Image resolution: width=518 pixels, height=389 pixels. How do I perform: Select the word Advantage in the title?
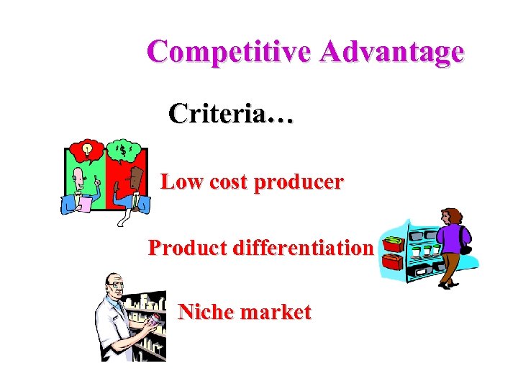393,52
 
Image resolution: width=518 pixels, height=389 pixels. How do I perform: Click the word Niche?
204,312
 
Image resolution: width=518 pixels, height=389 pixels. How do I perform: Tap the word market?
276,312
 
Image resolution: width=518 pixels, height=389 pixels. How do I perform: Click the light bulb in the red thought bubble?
88,149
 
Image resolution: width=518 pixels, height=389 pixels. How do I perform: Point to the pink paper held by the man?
85,204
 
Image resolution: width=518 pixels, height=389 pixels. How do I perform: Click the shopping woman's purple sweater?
453,238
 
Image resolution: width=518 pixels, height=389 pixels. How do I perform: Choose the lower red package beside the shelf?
392,263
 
